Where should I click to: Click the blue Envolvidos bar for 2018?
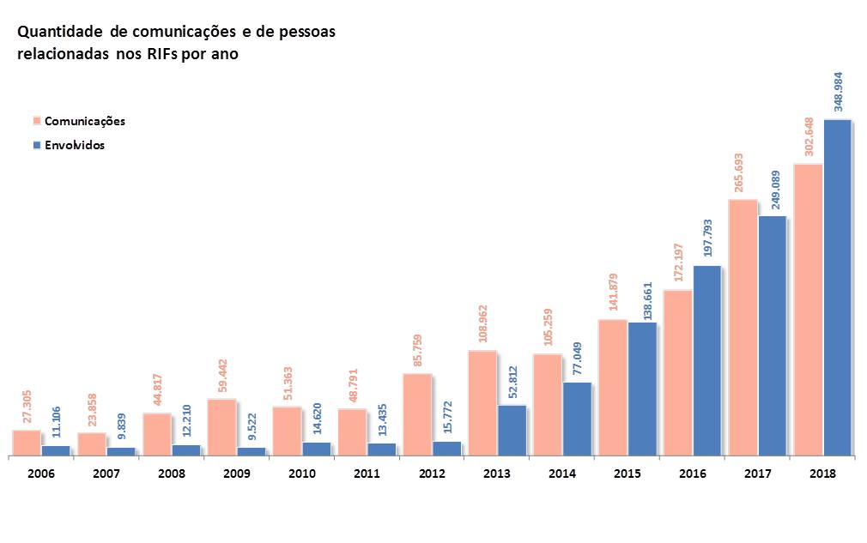[837, 287]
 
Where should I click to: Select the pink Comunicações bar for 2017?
[743, 327]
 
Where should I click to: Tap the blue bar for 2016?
[706, 359]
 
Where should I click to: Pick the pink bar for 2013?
[482, 402]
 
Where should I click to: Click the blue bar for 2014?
[577, 418]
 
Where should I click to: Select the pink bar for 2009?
[221, 426]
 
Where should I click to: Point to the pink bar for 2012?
[417, 413]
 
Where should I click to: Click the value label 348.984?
[839, 91]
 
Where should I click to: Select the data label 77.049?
[577, 358]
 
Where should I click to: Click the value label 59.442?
[222, 371]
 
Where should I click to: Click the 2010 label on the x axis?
[301, 474]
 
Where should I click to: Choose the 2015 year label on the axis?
[628, 474]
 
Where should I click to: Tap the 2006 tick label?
[40, 474]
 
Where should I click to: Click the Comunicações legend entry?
[84, 121]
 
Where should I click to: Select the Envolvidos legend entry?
[74, 145]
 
